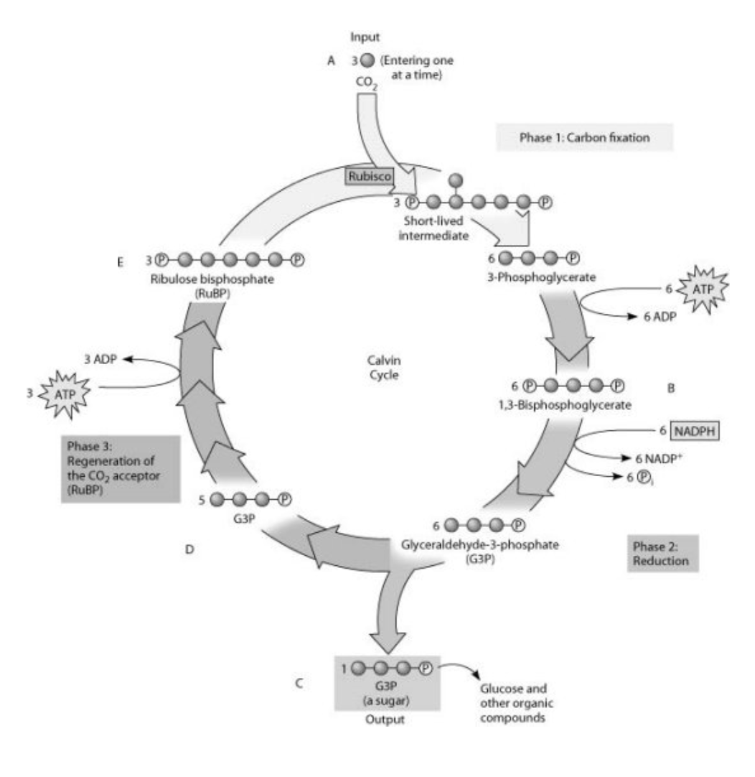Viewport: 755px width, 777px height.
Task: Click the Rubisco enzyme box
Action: click(x=368, y=175)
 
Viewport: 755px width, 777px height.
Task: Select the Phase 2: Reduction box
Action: click(x=661, y=553)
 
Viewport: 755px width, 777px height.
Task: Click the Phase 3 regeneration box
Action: click(x=120, y=467)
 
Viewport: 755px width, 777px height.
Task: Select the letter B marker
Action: click(x=672, y=388)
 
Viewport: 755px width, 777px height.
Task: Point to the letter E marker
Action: click(x=121, y=262)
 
